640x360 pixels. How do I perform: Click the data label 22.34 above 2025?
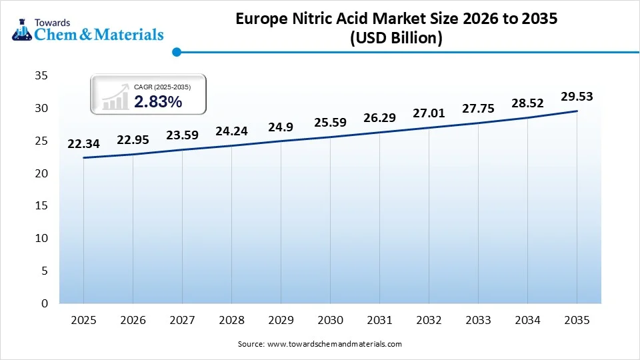pos(83,144)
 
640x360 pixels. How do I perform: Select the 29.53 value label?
pos(577,97)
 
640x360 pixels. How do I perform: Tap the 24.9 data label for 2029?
pos(281,127)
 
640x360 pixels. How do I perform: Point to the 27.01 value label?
pos(429,113)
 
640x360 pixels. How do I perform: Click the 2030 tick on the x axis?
pos(330,320)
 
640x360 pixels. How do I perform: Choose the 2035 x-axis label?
pos(577,320)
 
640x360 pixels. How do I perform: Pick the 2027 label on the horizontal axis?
pos(182,320)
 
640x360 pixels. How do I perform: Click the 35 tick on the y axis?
pos(41,76)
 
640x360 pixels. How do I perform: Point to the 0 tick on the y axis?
pos(44,303)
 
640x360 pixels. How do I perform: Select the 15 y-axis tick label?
pos(41,206)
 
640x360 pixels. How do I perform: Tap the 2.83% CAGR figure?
pos(158,101)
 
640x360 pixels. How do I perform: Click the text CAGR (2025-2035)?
pos(162,87)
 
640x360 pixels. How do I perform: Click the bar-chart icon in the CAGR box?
pos(115,96)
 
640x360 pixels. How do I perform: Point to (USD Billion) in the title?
pos(396,39)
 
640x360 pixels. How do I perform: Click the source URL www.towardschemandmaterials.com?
pos(334,344)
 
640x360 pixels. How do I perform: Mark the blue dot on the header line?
pos(177,51)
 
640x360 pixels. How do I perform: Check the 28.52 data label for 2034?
pos(527,103)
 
